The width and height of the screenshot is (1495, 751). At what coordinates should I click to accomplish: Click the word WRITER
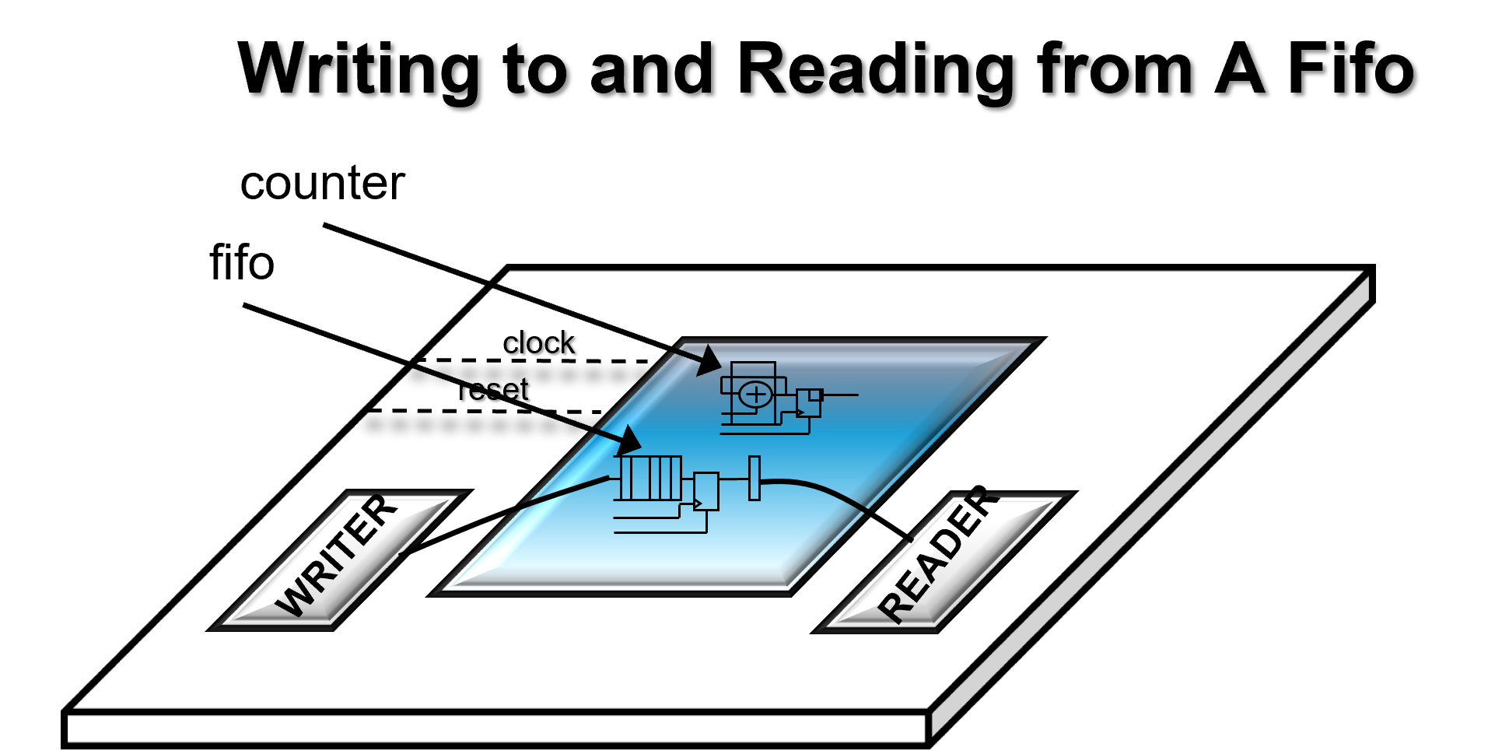(x=337, y=556)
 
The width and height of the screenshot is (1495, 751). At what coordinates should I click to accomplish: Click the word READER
(x=937, y=554)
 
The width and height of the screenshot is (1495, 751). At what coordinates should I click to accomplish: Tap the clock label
(x=538, y=343)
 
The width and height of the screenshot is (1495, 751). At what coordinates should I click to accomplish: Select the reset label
(x=494, y=389)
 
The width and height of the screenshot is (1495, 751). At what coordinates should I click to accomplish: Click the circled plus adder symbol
(x=755, y=395)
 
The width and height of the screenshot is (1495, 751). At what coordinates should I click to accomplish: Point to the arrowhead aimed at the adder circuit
(x=709, y=361)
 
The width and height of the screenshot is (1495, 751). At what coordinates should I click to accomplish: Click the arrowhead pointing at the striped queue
(x=628, y=441)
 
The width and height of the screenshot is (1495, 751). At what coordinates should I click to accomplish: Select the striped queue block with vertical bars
(x=650, y=478)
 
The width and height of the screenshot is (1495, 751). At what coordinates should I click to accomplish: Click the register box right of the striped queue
(x=706, y=491)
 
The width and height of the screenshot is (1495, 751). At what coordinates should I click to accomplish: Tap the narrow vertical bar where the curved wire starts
(x=754, y=478)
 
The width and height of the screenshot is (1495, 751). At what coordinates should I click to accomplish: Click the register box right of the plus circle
(x=809, y=403)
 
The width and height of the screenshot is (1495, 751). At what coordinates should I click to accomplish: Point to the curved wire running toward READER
(x=840, y=499)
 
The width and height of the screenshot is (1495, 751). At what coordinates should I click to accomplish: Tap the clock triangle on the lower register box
(x=698, y=503)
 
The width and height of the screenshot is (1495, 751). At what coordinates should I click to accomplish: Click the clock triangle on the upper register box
(x=800, y=412)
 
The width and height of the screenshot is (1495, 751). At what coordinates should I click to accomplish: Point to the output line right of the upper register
(x=840, y=395)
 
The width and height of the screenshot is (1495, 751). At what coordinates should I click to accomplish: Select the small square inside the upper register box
(x=815, y=395)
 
